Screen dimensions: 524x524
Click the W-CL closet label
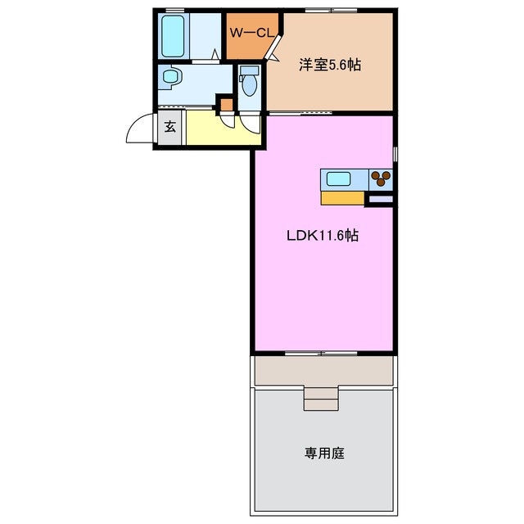point(250,33)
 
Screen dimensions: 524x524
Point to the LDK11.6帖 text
point(323,236)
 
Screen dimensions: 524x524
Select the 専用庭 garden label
point(326,452)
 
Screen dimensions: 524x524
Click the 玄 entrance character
point(169,127)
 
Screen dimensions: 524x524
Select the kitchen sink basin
point(339,178)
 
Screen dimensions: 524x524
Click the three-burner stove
point(381,178)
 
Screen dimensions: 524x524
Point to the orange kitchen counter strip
point(342,197)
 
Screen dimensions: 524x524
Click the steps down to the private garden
point(320,398)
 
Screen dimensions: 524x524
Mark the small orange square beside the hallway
point(224,104)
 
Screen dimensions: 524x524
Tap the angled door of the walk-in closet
point(274,47)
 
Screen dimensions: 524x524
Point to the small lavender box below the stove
point(381,198)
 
